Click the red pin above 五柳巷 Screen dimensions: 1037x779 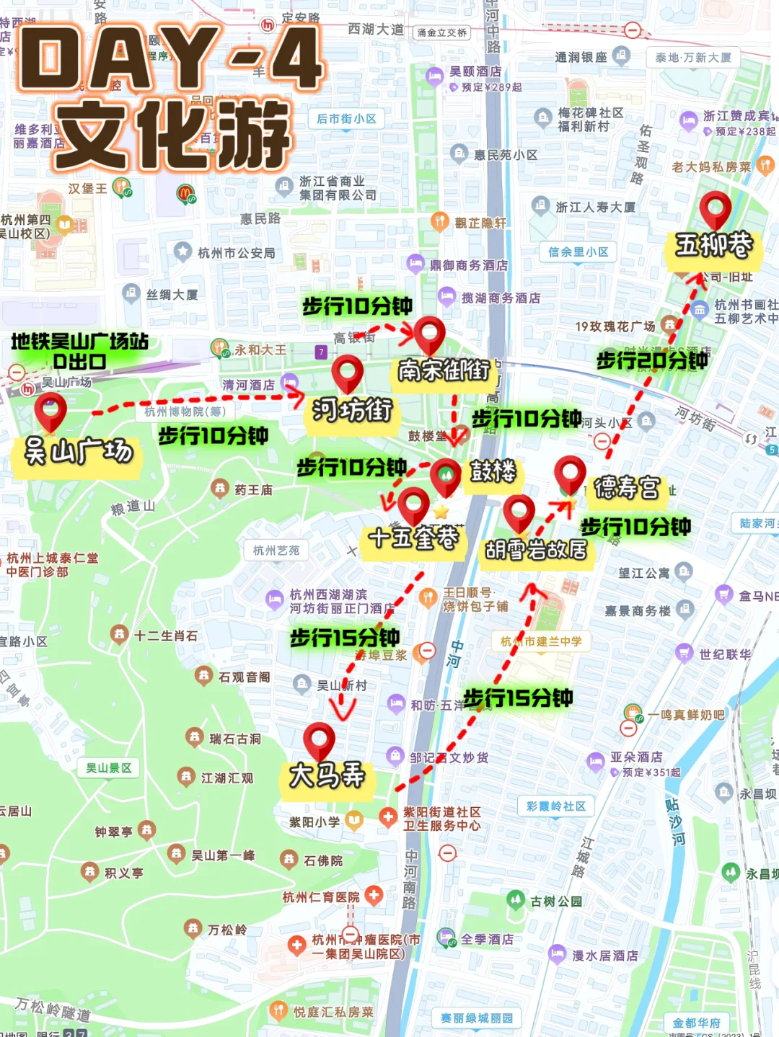click(715, 209)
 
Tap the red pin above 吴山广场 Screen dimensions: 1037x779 click(50, 411)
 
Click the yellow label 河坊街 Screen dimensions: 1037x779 click(351, 411)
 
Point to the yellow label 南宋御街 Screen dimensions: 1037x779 click(444, 370)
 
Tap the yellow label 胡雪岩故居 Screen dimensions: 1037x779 click(536, 551)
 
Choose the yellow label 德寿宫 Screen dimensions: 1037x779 click(626, 488)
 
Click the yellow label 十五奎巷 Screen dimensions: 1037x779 click(413, 538)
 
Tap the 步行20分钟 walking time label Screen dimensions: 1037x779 click(652, 360)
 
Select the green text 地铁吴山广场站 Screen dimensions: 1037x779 click(79, 341)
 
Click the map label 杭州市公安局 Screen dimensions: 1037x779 click(236, 253)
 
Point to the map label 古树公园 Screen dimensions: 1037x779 click(555, 902)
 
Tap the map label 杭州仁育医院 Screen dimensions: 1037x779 click(321, 897)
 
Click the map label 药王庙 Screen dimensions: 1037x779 click(253, 490)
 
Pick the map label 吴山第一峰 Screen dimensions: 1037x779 click(223, 855)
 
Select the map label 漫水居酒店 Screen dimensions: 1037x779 click(604, 956)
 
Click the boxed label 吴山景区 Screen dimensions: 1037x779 click(108, 768)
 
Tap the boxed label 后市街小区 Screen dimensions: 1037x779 click(346, 119)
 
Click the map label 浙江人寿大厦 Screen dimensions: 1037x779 click(595, 208)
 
